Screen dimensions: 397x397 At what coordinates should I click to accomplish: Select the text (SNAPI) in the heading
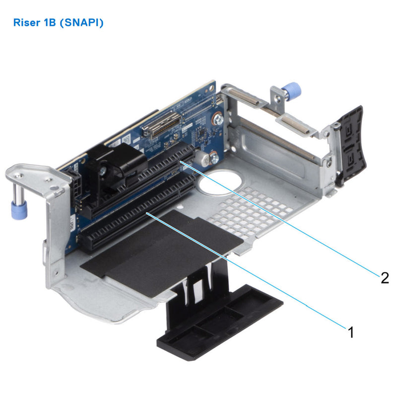(x=81, y=23)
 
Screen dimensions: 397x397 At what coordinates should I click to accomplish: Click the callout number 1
(x=351, y=332)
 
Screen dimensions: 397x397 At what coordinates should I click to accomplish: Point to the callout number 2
(x=385, y=278)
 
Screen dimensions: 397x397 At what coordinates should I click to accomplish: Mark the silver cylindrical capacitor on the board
(x=201, y=158)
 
